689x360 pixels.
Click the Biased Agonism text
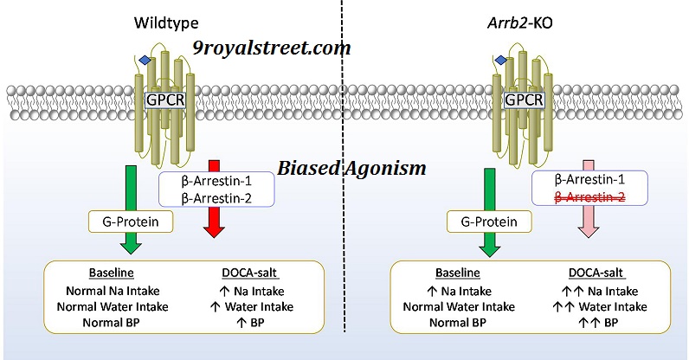[x=351, y=168]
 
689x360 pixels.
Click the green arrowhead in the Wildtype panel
[x=130, y=247]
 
